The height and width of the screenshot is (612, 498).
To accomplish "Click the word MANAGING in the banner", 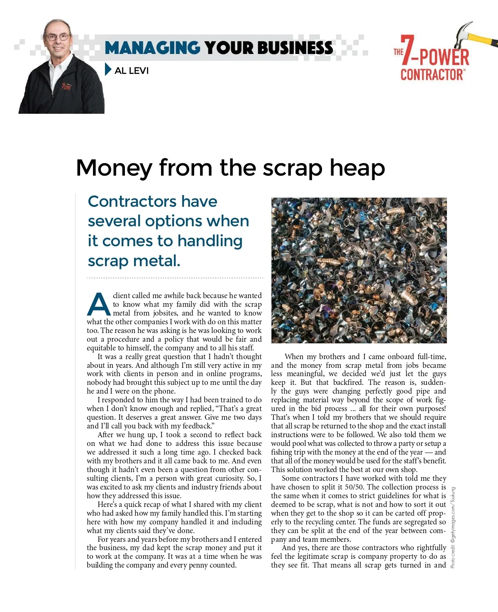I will (152, 48).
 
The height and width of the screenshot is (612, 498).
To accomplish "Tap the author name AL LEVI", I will (132, 71).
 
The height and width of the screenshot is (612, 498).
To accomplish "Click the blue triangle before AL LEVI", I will (108, 70).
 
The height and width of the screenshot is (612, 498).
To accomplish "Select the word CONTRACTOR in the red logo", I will (432, 75).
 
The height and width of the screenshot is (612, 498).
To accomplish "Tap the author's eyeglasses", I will (58, 37).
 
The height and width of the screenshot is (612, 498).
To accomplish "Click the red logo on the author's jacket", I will (67, 87).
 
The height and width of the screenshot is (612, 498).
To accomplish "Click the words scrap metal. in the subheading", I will (134, 261).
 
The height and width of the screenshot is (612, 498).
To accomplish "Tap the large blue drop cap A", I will (98, 304).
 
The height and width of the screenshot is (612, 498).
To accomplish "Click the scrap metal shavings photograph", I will (359, 270).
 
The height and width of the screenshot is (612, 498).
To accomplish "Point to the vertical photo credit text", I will (453, 527).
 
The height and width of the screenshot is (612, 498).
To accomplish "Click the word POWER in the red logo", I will (444, 57).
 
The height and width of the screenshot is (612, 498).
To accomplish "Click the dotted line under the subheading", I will (175, 277).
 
